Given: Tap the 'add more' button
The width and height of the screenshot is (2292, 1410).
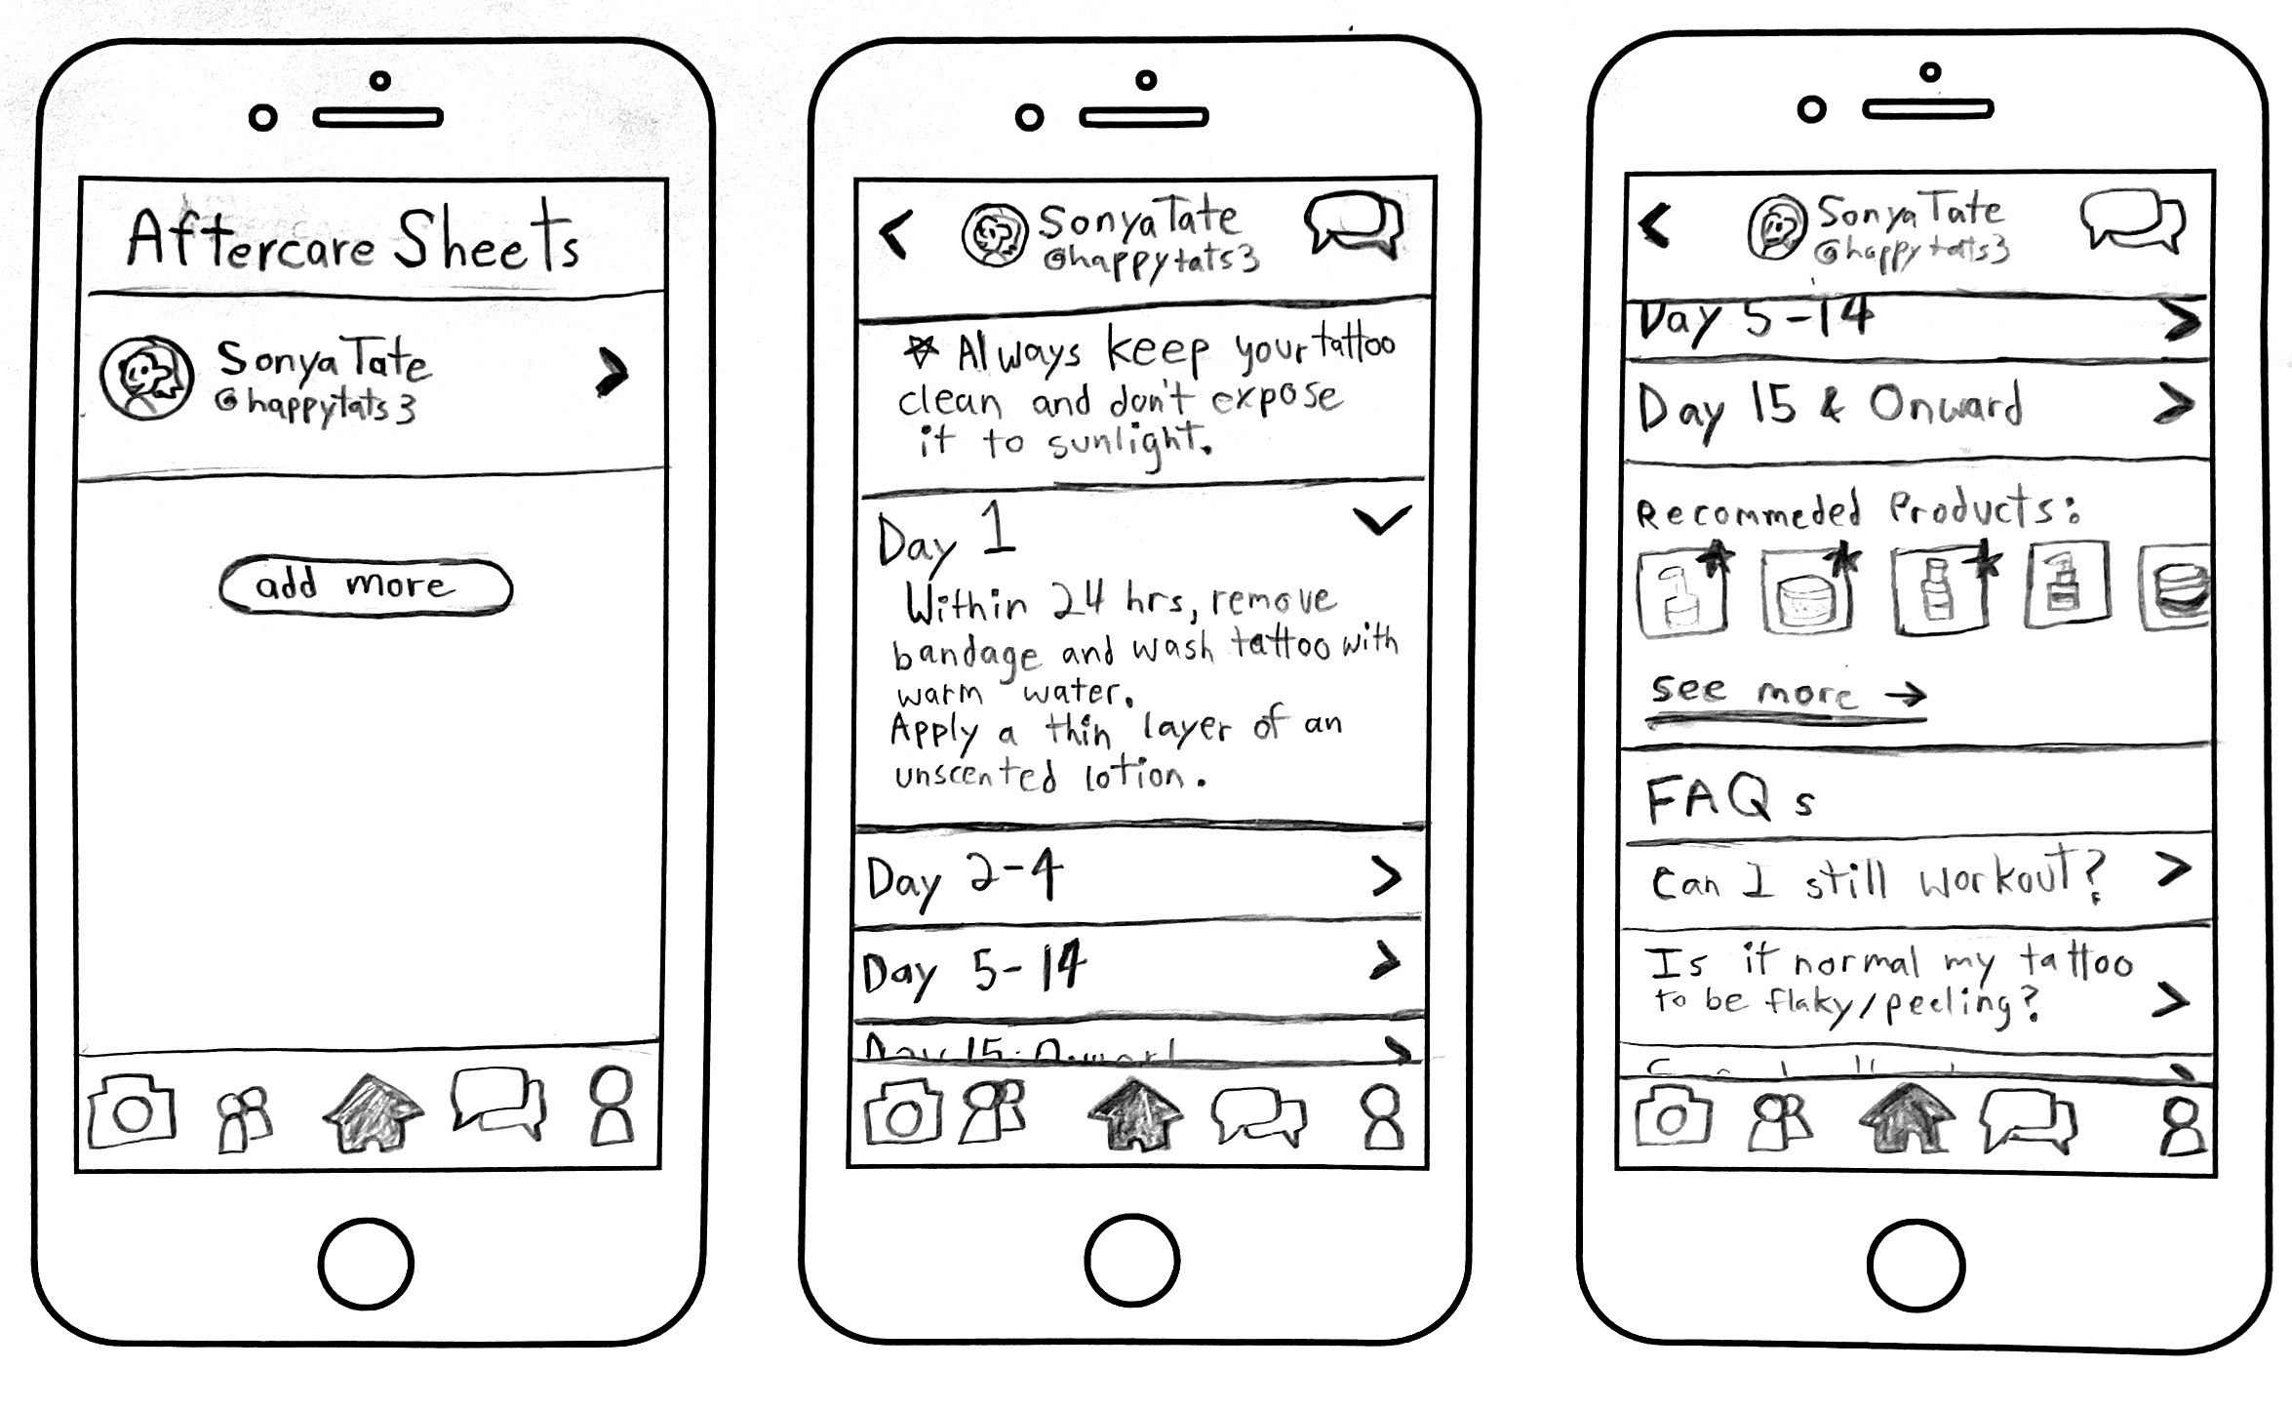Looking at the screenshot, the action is (x=365, y=585).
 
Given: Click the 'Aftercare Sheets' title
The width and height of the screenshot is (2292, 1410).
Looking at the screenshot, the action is (x=353, y=239).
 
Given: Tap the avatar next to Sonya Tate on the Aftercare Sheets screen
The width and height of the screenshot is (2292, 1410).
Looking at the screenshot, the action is (x=146, y=378).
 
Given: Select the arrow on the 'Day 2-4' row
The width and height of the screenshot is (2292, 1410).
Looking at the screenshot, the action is (x=1386, y=876).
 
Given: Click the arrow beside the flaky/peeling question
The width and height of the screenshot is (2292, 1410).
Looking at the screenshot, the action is (x=2171, y=999).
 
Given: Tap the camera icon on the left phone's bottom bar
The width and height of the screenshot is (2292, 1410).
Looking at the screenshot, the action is (x=132, y=1112).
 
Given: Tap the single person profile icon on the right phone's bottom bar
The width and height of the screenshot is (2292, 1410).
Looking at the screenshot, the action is (x=2181, y=1127).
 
